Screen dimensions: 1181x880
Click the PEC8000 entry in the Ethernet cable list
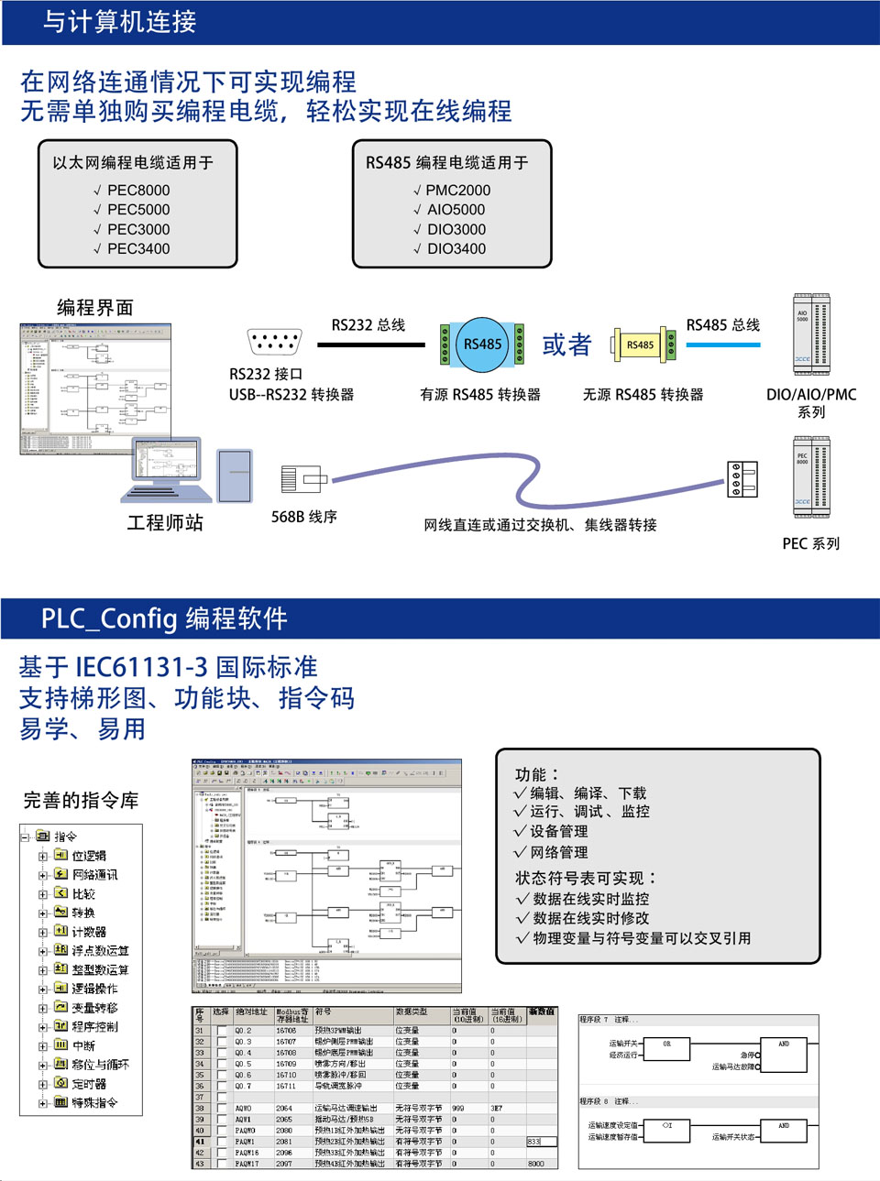tap(138, 191)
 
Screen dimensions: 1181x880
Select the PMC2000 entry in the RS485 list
tap(457, 191)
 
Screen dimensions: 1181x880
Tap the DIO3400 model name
tap(456, 249)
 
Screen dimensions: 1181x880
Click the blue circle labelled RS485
tap(482, 344)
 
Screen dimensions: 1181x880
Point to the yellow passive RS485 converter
tap(642, 344)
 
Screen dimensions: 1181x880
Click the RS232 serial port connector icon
tap(274, 342)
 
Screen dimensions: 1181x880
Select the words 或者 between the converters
tap(566, 344)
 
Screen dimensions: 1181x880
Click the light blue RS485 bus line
tap(722, 345)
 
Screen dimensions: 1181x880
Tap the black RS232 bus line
tap(370, 345)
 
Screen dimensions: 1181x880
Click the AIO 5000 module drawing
tap(811, 334)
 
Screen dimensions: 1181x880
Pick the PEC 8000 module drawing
tap(811, 477)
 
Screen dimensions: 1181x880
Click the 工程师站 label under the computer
tap(165, 523)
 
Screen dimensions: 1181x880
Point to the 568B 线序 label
tap(303, 517)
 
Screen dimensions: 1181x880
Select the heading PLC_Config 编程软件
tap(164, 619)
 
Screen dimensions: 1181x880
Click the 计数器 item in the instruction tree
tap(89, 932)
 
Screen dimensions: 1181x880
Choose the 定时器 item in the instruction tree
tap(89, 1084)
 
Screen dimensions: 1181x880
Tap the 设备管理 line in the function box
tap(558, 832)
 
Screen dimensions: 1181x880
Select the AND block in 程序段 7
tap(784, 1044)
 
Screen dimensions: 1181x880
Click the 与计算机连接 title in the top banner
tap(119, 22)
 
